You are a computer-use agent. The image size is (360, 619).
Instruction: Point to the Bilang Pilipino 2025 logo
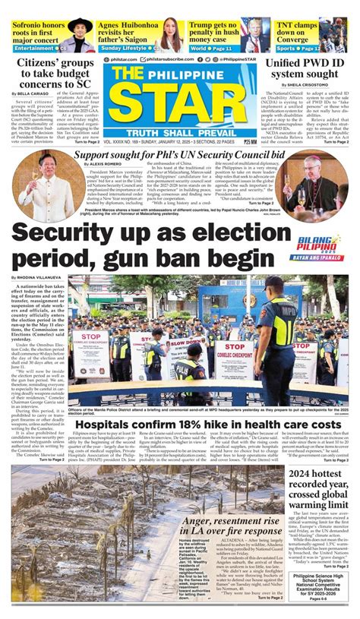coord(320,246)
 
